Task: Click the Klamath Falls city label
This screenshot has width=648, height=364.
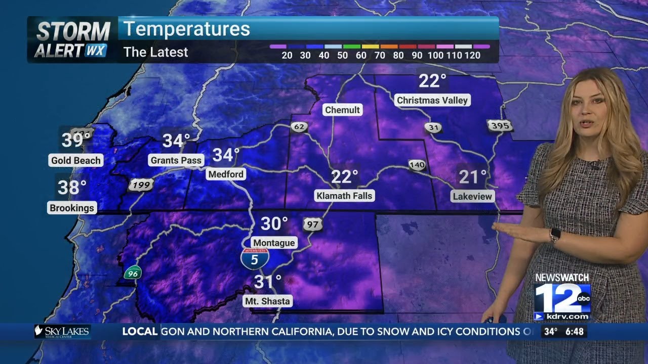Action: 344,196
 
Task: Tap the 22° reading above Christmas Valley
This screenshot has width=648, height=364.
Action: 432,80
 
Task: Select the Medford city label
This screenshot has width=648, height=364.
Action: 226,174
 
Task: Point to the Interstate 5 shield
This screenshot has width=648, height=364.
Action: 254,258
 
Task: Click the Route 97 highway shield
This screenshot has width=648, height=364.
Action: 312,224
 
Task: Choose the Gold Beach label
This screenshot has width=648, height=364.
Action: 76,161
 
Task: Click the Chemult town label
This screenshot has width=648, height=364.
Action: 342,110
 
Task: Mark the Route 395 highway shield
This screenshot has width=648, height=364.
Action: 500,125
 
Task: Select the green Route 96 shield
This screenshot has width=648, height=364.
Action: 133,273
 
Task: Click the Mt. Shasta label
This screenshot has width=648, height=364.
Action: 268,301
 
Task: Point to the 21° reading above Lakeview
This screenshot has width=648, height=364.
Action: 473,177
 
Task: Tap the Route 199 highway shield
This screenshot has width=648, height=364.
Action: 140,185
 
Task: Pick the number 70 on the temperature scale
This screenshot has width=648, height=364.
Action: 380,55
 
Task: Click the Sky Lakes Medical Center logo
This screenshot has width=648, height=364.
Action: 62,332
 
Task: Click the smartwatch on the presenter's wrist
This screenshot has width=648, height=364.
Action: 555,235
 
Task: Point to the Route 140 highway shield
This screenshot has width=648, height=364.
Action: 417,164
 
